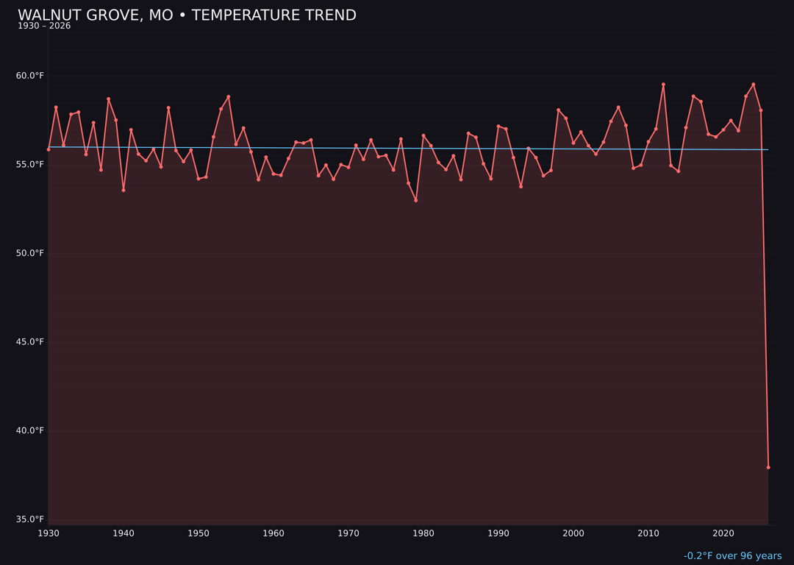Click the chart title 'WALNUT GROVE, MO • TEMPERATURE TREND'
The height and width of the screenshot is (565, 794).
click(x=187, y=15)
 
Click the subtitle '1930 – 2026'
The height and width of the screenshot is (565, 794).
click(x=44, y=26)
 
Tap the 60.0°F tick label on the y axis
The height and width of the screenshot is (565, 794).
click(x=30, y=76)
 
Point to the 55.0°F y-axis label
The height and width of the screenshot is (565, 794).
click(x=30, y=164)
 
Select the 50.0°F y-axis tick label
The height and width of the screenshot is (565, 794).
click(x=30, y=253)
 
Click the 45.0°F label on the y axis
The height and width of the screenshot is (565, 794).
click(x=30, y=342)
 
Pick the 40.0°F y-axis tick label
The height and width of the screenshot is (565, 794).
click(x=30, y=430)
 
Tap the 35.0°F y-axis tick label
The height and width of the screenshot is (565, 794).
click(x=30, y=519)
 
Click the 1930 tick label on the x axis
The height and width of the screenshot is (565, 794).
click(x=49, y=533)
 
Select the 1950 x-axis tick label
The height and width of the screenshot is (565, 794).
click(x=198, y=533)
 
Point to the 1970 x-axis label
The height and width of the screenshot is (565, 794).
click(x=348, y=533)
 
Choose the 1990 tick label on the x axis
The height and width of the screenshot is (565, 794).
click(x=498, y=533)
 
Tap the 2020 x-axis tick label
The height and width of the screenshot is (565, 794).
click(x=723, y=533)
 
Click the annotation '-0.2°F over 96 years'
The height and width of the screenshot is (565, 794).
click(x=732, y=556)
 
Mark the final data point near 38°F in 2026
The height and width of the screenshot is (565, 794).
click(x=768, y=467)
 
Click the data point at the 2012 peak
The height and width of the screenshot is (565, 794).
click(x=663, y=85)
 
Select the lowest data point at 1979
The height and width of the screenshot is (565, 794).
click(x=416, y=200)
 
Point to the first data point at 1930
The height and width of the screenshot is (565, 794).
click(x=49, y=149)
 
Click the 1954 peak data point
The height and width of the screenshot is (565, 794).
click(x=229, y=96)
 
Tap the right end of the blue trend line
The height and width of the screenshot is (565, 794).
click(x=768, y=149)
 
